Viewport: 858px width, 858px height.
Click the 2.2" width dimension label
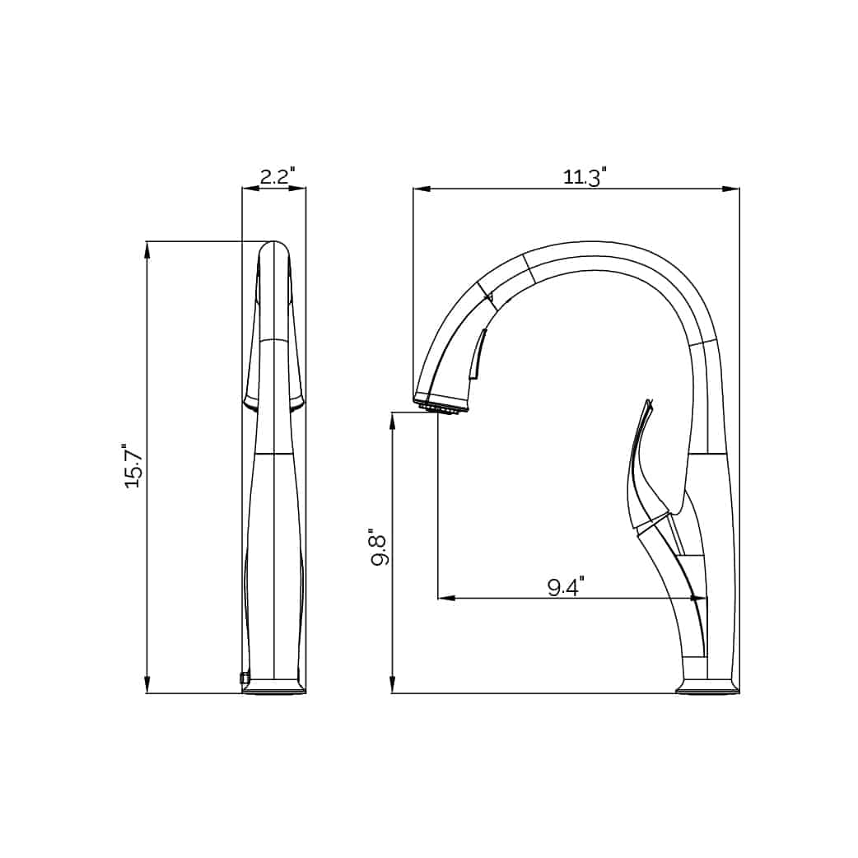tap(277, 175)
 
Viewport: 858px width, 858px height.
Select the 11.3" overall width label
tap(585, 176)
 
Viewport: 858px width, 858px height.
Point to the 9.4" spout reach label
tap(565, 586)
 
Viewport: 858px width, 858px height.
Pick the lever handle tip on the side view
tap(648, 404)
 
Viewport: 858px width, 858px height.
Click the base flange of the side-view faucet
tap(706, 688)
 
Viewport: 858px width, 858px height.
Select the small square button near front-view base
tap(244, 678)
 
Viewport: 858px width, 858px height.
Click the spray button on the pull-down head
tap(477, 354)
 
